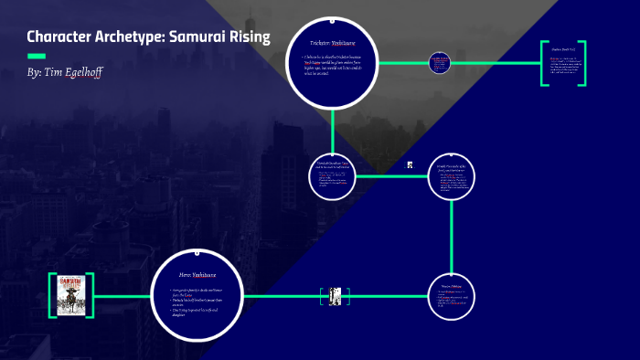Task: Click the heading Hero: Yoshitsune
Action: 198,273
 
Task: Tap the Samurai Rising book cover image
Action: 71,295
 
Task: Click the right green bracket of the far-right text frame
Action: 581,63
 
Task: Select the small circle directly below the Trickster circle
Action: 334,175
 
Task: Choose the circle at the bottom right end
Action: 450,297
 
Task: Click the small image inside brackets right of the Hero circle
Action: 335,296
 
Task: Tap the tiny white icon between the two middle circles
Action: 411,165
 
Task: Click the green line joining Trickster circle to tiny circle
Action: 403,63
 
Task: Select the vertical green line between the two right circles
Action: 451,237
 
